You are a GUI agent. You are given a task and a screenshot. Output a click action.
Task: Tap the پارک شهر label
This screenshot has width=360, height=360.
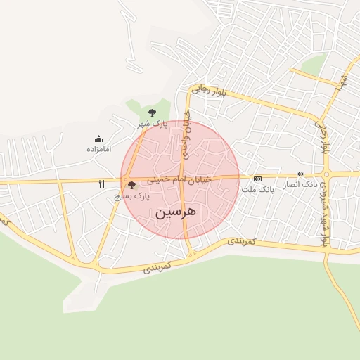151,124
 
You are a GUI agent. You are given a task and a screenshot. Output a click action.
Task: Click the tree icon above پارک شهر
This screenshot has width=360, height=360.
152,112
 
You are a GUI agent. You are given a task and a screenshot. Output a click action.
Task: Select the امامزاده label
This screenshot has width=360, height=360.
100,149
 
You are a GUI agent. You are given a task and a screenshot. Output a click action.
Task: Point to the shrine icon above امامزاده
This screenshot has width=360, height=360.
98,139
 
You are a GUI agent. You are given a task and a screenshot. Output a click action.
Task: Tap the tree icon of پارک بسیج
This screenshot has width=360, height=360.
131,186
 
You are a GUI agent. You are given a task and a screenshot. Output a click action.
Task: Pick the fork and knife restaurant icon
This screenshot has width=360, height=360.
102,184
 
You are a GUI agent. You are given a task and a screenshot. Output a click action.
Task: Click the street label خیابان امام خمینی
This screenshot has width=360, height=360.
179,181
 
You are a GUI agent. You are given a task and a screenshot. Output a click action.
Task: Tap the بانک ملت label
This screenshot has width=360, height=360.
256,189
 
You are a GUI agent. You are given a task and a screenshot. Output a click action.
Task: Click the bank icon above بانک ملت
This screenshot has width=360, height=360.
257,178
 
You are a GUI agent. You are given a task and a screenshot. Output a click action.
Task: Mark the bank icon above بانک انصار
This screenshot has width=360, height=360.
300,174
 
